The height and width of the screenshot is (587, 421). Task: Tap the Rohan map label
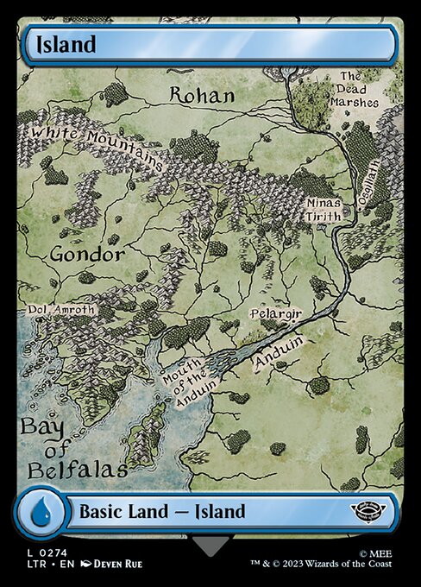201,95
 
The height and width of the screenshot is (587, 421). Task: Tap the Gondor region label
86,255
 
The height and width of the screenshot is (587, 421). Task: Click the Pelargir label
275,314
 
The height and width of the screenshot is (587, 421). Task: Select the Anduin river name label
278,351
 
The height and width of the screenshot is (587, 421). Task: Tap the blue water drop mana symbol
40,511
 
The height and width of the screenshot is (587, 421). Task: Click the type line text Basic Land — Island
162,511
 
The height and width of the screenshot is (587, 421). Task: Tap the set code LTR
35,564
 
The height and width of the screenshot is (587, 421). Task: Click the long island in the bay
147,432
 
